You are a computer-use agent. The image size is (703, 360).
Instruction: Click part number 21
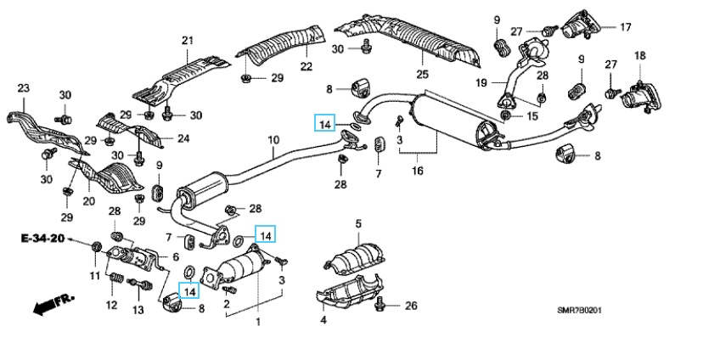tap(187, 40)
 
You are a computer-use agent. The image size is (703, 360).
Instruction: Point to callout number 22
tap(306, 66)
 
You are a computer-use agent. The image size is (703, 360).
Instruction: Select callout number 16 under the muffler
tap(417, 172)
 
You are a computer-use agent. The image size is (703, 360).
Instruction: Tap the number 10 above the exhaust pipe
tap(273, 140)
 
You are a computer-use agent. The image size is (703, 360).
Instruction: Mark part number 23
tap(23, 88)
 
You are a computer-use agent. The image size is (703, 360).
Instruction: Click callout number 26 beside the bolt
tap(412, 306)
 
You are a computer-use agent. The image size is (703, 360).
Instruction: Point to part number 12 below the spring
tap(111, 306)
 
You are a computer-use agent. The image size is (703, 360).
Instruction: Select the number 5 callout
tap(358, 224)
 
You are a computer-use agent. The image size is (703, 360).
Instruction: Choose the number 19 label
tap(480, 83)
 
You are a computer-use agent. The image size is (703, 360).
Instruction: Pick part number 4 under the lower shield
tap(323, 320)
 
